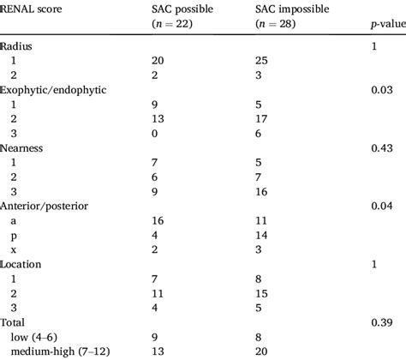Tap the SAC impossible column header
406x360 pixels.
293,9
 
